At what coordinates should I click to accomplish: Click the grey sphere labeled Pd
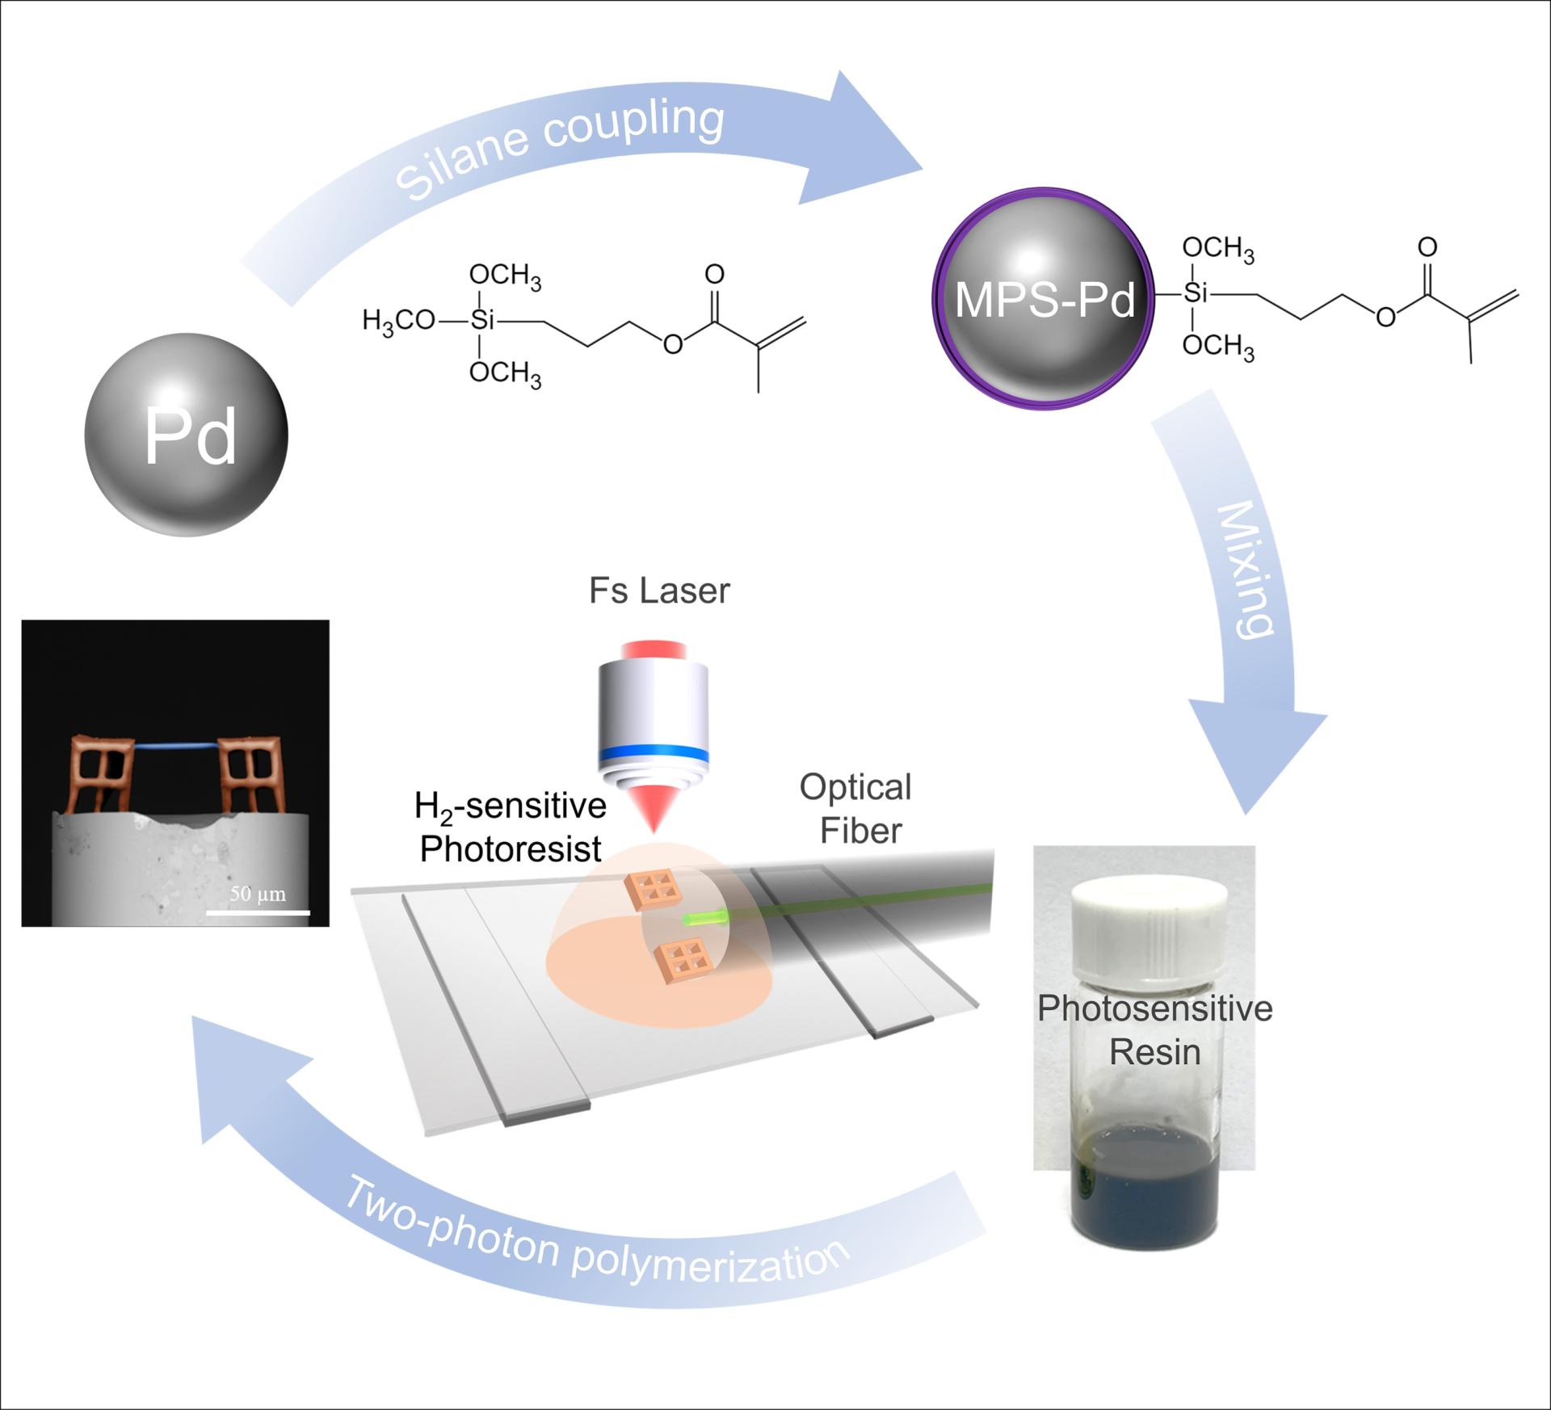pos(187,435)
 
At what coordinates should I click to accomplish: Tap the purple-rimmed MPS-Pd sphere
pos(1044,299)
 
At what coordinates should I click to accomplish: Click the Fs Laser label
pos(659,591)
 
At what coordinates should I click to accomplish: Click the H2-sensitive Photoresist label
pos(511,827)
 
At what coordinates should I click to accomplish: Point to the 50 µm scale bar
pos(258,912)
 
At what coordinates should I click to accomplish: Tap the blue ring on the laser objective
pos(654,754)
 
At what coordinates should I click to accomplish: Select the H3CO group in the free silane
pos(398,321)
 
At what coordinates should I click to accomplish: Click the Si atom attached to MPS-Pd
pos(1195,293)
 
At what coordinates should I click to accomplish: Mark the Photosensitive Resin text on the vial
pos(1155,1030)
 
